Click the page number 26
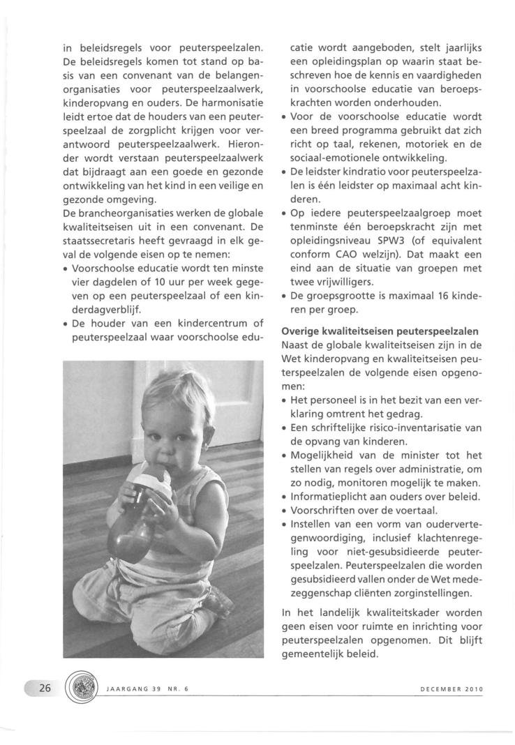point(44,688)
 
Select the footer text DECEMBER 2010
point(451,690)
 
